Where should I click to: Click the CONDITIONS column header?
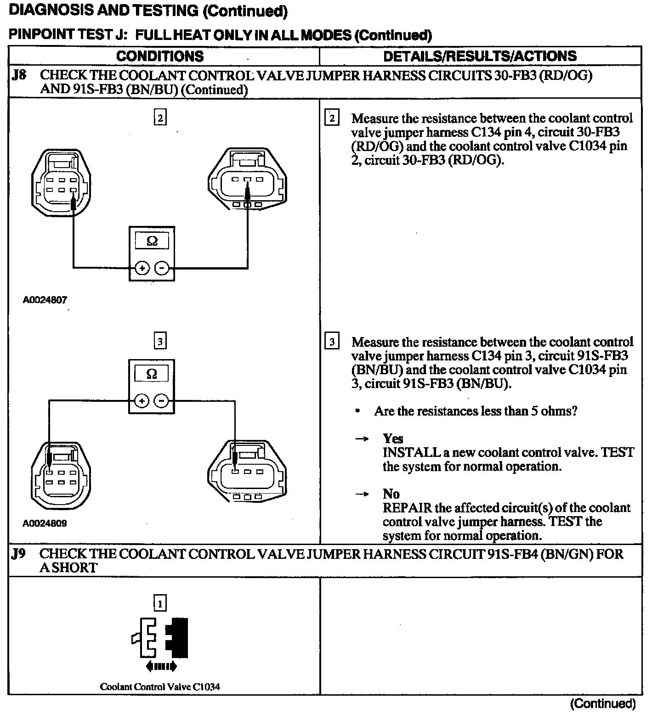159,56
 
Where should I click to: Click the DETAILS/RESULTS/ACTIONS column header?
480,56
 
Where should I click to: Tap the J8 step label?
19,75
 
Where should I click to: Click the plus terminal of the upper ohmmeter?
142,268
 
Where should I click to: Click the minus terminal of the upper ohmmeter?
161,268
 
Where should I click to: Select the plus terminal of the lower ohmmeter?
142,401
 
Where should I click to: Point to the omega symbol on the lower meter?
151,374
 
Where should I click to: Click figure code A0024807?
45,300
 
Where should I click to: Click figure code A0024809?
45,523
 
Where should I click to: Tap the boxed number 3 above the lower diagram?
159,341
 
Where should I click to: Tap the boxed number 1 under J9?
159,602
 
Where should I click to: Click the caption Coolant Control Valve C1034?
160,687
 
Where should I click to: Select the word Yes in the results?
393,439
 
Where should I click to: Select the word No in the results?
391,494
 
